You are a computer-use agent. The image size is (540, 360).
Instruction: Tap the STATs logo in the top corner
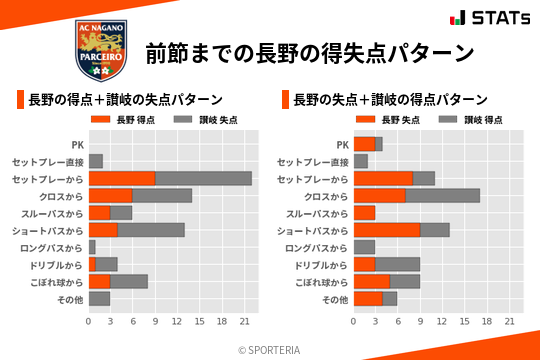(489, 18)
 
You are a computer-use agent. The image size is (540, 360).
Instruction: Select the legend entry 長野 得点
(126, 120)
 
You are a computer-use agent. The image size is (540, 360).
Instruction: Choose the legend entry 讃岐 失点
(200, 120)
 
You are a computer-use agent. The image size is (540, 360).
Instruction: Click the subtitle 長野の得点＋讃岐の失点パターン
(125, 99)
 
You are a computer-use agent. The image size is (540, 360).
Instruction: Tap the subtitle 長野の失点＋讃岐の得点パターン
(390, 99)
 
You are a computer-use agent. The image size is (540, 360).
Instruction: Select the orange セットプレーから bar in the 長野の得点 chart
(122, 178)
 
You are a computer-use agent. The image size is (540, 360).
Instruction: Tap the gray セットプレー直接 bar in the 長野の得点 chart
(96, 161)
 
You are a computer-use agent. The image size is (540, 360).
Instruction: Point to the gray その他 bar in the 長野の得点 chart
(99, 299)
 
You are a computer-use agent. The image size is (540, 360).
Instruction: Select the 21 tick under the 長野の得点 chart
(244, 322)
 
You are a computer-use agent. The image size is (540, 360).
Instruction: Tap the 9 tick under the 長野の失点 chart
(420, 322)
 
